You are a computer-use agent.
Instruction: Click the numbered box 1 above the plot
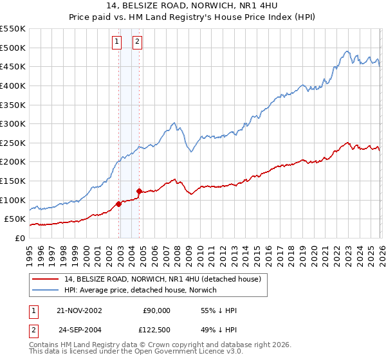(x=117, y=42)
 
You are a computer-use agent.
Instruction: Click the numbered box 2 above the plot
(x=138, y=42)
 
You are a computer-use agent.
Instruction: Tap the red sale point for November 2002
(x=119, y=204)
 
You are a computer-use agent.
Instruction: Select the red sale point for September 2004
(x=140, y=191)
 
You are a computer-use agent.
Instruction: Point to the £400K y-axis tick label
(x=13, y=85)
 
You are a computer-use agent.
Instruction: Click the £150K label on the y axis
(x=13, y=181)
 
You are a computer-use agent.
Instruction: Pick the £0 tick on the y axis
(x=21, y=238)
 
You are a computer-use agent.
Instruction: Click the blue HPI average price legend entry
(x=140, y=291)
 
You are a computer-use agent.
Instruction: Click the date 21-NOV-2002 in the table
(x=80, y=310)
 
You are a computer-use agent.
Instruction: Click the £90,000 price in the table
(x=156, y=310)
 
